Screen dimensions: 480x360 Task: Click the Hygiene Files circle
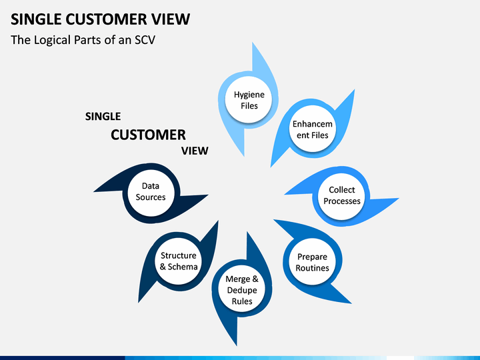click(248, 100)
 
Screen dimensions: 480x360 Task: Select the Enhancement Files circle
click(312, 129)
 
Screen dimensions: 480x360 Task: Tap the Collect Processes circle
click(341, 196)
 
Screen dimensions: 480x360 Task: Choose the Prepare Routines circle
click(312, 261)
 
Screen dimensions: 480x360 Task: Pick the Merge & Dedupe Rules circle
click(241, 289)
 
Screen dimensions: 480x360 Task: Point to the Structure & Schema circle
click(178, 261)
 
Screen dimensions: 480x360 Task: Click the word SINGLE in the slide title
click(36, 19)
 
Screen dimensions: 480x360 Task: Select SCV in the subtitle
click(145, 40)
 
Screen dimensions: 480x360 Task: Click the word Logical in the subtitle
click(52, 41)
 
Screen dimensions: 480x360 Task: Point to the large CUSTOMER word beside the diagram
click(148, 135)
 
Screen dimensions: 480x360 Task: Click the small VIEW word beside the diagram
click(195, 151)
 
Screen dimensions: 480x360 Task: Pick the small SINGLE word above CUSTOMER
click(103, 116)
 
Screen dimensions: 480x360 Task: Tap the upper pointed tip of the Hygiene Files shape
click(253, 43)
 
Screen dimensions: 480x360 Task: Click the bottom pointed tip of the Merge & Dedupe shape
click(237, 345)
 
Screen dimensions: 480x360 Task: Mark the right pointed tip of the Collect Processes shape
click(399, 199)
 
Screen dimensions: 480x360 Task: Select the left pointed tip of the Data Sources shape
click(94, 191)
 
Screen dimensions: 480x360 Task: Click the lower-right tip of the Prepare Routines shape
click(351, 303)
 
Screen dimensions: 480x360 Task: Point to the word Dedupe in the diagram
click(242, 290)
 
